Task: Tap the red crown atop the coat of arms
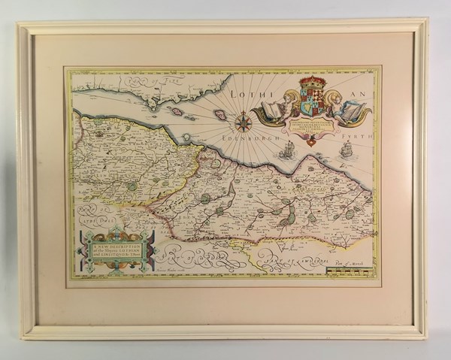pyautogui.click(x=310, y=82)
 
